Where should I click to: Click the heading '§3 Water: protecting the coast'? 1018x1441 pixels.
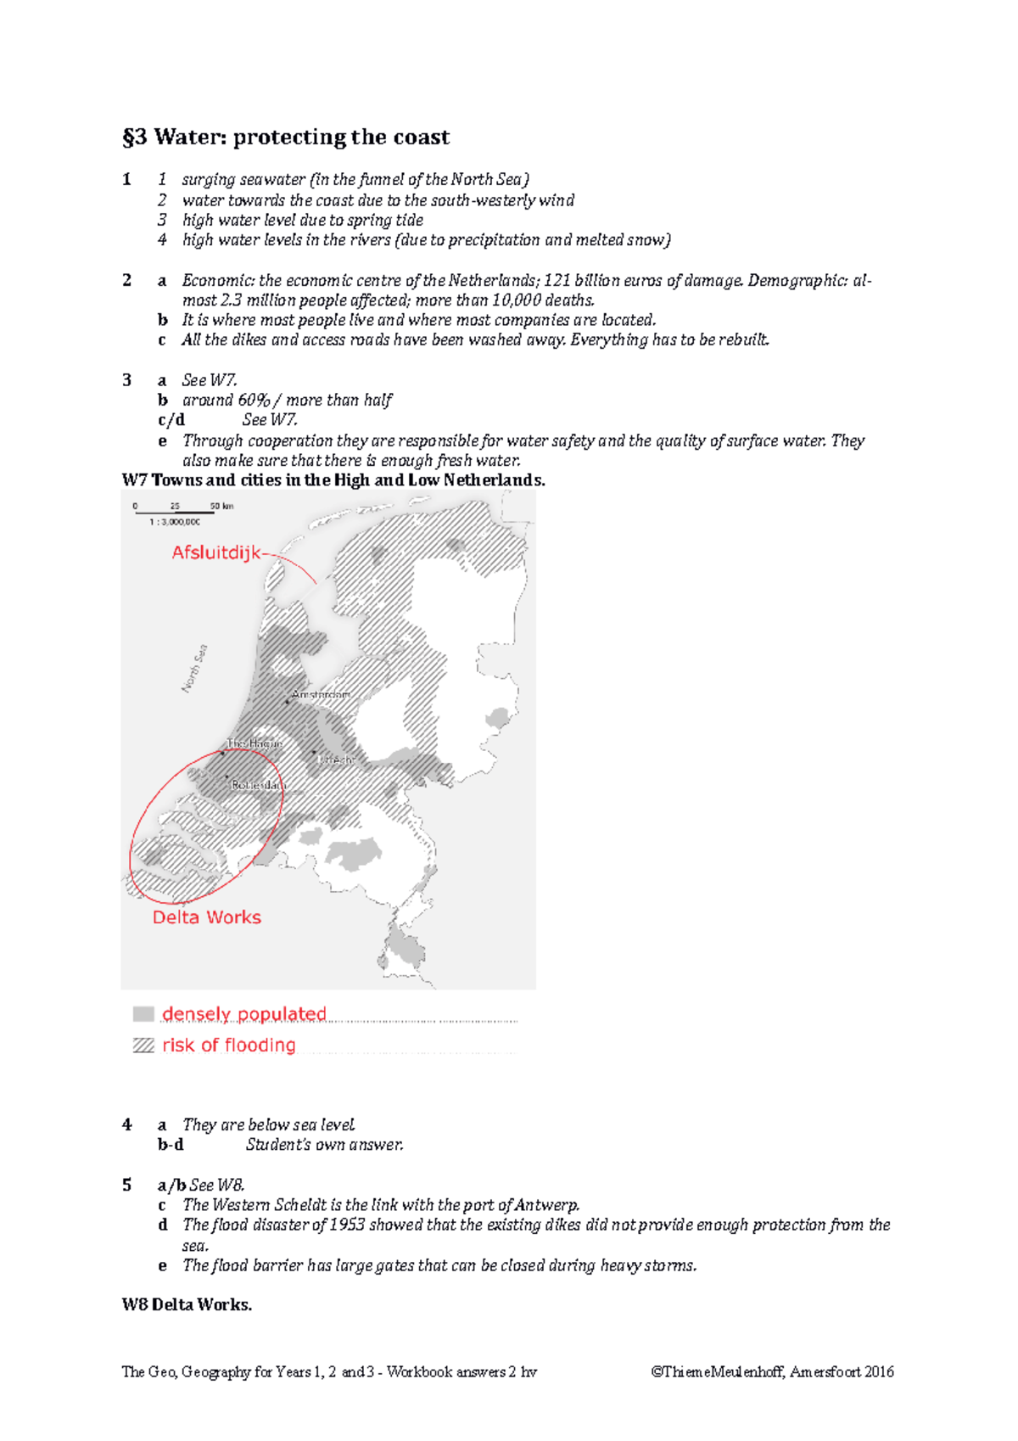pyautogui.click(x=286, y=137)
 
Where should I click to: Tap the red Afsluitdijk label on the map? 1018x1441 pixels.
pyautogui.click(x=216, y=553)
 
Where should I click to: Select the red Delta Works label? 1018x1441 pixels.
pyautogui.click(x=206, y=917)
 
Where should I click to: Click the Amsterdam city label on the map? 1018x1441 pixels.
pyautogui.click(x=320, y=695)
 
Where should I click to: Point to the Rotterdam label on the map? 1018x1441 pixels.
pyautogui.click(x=258, y=786)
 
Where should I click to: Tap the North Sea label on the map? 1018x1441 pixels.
pyautogui.click(x=195, y=669)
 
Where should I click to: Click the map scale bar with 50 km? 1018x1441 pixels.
pyautogui.click(x=174, y=510)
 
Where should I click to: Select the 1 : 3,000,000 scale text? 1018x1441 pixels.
pyautogui.click(x=175, y=523)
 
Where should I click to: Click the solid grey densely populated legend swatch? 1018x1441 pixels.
pyautogui.click(x=143, y=1014)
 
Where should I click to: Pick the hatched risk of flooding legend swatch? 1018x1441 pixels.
pyautogui.click(x=143, y=1046)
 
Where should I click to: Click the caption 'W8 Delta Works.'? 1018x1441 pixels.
pyautogui.click(x=187, y=1304)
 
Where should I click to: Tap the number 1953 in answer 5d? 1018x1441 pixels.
pyautogui.click(x=347, y=1225)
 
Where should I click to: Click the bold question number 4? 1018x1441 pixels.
pyautogui.click(x=127, y=1124)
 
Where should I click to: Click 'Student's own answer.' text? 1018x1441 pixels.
pyautogui.click(x=324, y=1145)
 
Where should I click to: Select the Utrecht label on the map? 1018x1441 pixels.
pyautogui.click(x=335, y=760)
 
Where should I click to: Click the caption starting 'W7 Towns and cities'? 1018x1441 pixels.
pyautogui.click(x=333, y=480)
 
